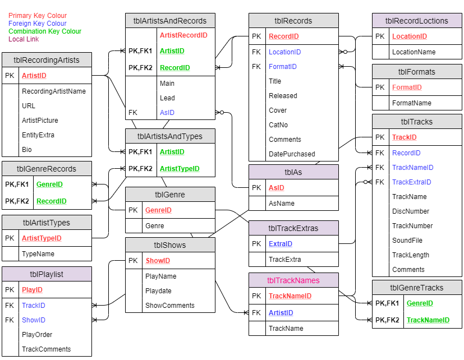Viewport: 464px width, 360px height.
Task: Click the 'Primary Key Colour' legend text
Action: pyautogui.click(x=38, y=16)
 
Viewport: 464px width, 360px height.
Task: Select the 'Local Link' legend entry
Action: pyautogui.click(x=24, y=39)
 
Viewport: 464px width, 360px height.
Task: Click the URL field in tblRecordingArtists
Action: pyautogui.click(x=29, y=105)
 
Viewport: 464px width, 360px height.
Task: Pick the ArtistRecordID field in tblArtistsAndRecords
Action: pyautogui.click(x=183, y=35)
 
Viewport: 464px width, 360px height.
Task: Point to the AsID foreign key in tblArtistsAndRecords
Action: pyautogui.click(x=167, y=113)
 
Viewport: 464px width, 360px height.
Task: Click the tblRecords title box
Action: pyautogui.click(x=293, y=21)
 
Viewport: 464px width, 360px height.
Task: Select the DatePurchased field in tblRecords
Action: pyautogui.click(x=292, y=154)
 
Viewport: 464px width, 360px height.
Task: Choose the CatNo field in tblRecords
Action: pyautogui.click(x=278, y=125)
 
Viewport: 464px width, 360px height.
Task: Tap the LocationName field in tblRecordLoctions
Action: pyautogui.click(x=414, y=52)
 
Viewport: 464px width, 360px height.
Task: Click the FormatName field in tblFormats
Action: pyautogui.click(x=412, y=103)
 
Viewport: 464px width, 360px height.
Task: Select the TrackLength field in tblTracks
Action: pyautogui.click(x=411, y=255)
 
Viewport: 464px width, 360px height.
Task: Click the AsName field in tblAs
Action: pyautogui.click(x=282, y=204)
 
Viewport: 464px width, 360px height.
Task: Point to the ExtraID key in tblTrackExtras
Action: pyautogui.click(x=281, y=244)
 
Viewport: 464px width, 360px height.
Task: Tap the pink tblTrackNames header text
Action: pyautogui.click(x=293, y=280)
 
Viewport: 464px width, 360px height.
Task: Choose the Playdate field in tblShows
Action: pyautogui.click(x=159, y=291)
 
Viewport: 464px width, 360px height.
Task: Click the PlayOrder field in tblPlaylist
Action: pyautogui.click(x=37, y=335)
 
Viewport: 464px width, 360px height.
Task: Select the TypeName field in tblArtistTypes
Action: pyautogui.click(x=38, y=254)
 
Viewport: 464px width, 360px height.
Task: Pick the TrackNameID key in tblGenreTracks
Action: pyautogui.click(x=428, y=320)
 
